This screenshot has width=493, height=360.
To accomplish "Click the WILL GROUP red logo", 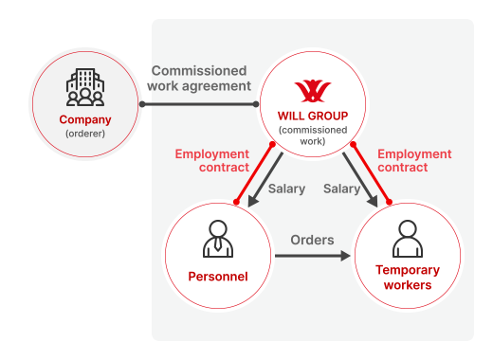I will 312,91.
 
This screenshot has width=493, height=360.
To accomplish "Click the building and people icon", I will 85,88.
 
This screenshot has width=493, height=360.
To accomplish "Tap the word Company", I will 85,120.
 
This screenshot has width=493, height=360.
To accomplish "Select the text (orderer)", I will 85,135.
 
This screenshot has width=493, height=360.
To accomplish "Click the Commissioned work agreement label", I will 199,78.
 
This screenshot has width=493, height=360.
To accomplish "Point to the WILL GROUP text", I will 312,116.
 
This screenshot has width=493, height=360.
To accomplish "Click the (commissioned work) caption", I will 312,135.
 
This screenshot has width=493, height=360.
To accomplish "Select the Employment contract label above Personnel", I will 212,160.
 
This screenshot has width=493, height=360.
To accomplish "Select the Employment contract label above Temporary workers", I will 414,160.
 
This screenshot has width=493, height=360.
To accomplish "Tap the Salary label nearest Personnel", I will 286,189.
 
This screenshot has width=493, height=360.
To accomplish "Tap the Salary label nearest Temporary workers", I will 341,189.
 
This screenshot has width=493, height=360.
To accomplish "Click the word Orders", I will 312,240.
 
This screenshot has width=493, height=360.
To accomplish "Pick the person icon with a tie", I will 218,239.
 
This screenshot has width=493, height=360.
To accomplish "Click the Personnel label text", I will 218,277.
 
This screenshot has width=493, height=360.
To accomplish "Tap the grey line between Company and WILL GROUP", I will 199,103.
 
